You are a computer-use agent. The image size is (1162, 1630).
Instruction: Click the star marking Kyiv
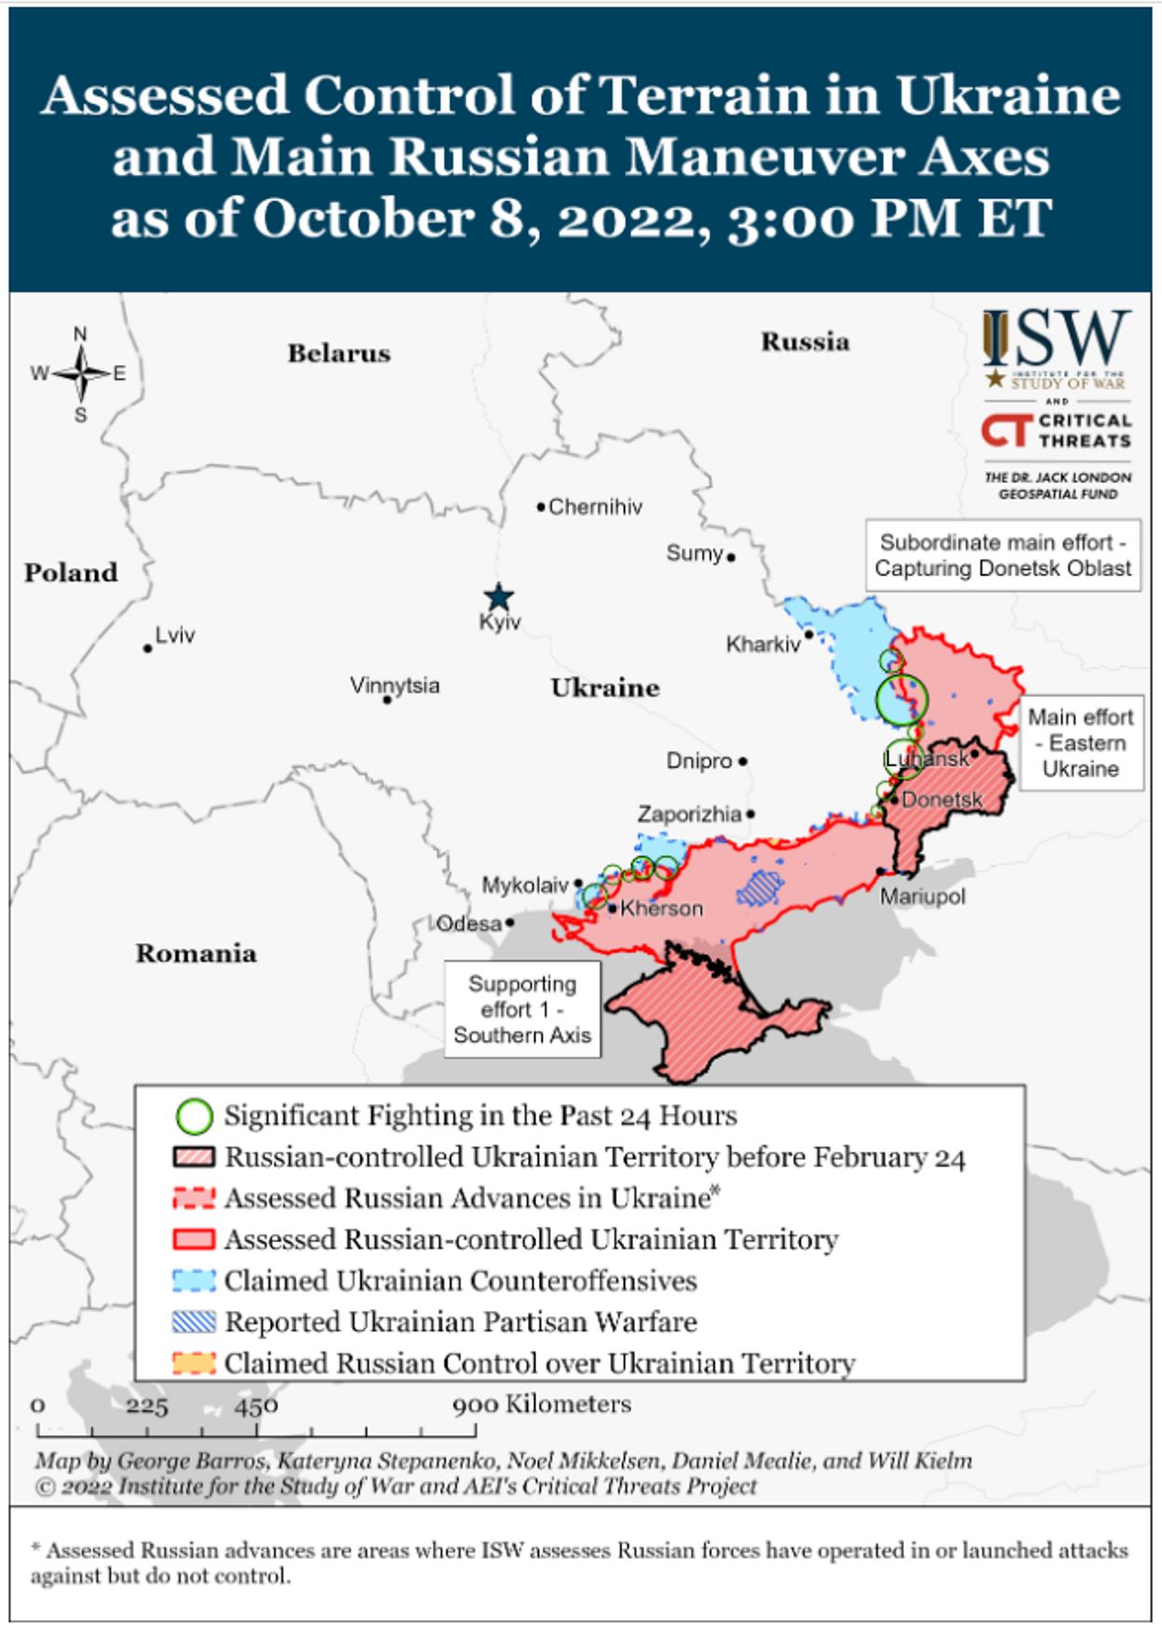point(500,598)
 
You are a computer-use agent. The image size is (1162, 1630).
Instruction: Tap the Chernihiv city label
point(594,507)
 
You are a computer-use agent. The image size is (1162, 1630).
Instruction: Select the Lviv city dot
point(148,648)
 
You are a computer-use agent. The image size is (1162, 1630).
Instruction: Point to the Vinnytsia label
point(395,686)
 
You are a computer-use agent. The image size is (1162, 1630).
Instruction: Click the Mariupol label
point(923,896)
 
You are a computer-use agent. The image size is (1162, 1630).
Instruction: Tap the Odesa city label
point(469,923)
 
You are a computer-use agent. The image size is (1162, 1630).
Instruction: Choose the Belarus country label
point(339,354)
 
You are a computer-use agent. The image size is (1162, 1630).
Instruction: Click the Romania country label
point(196,953)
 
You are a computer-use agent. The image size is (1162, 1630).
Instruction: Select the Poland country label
point(72,573)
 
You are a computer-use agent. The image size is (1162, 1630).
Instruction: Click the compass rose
point(81,374)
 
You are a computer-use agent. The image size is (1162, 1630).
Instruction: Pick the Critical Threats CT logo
point(1006,431)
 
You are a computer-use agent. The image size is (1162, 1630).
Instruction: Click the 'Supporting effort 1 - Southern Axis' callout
point(522,1010)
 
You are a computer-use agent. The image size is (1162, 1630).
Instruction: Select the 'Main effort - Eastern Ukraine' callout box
point(1080,743)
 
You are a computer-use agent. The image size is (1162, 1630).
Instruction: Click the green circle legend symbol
point(194,1116)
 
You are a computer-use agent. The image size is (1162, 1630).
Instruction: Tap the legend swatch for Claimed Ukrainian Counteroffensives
point(194,1281)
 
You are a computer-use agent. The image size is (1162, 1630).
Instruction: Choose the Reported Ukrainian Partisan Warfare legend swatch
point(194,1322)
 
